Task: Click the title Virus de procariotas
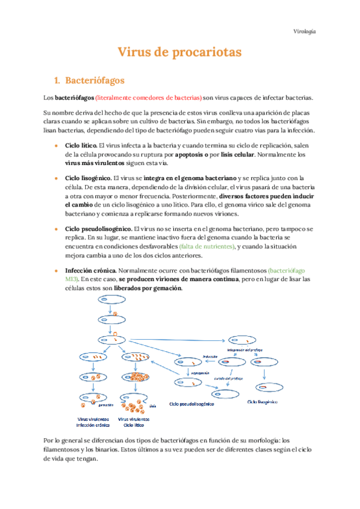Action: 179,52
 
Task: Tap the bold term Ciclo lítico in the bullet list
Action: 80,145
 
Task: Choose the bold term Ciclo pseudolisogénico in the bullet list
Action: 98,229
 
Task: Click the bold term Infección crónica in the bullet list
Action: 89,271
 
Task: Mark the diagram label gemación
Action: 107,397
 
